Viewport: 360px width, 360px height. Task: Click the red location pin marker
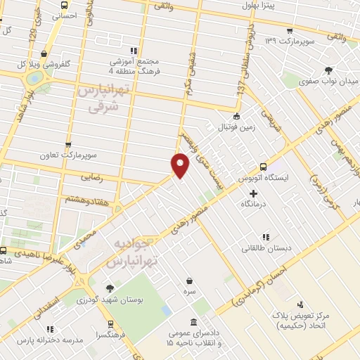pos(181,164)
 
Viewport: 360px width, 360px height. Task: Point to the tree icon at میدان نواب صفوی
pos(328,70)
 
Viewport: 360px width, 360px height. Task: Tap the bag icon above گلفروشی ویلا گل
pos(46,51)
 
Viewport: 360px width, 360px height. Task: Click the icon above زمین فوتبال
pos(237,116)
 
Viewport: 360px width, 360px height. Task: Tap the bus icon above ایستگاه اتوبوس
pos(263,167)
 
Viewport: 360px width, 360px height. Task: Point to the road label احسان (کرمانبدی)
pos(268,288)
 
